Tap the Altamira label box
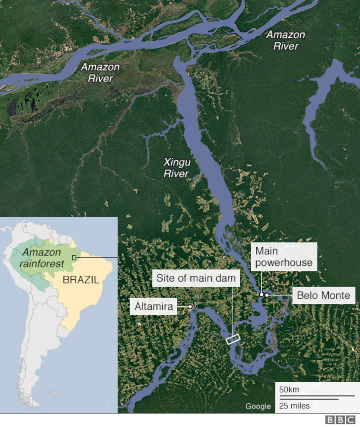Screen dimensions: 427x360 [x=154, y=306]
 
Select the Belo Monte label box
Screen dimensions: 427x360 [x=323, y=295]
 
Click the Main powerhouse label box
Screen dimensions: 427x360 [x=284, y=257]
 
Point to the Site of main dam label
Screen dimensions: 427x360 [x=196, y=278]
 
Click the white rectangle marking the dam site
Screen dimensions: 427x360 [x=233, y=339]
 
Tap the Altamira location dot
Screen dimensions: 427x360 [x=190, y=306]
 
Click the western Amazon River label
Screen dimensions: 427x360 [x=100, y=73]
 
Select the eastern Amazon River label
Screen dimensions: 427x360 [x=286, y=40]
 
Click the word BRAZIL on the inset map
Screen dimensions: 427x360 [x=81, y=280]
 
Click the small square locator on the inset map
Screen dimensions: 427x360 [x=74, y=258]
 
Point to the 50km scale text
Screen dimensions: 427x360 [x=289, y=390]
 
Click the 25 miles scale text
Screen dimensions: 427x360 [x=294, y=406]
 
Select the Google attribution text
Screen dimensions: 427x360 [x=258, y=406]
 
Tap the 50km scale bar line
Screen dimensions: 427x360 [x=316, y=396]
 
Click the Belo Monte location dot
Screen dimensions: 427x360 [x=267, y=295]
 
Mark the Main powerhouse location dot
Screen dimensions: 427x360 [x=261, y=295]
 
